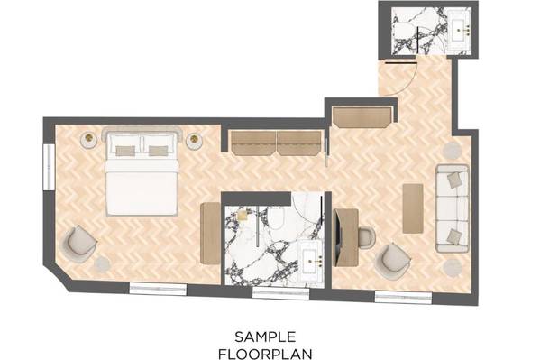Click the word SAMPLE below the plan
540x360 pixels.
pos(265,337)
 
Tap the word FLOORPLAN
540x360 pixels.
pos(265,354)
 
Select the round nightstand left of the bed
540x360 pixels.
pos(89,140)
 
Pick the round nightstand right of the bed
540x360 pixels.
pos(195,141)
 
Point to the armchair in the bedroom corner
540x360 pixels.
pos(78,244)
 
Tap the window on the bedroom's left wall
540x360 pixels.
pos(49,167)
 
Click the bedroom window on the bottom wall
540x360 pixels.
pos(158,289)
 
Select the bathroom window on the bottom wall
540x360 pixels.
pos(281,293)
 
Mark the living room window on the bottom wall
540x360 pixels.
pos(403,297)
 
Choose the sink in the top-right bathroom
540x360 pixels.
pos(461,31)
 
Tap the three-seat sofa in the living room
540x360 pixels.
pos(453,208)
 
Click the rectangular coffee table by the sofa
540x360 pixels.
pos(413,208)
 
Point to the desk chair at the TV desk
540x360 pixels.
pos(367,237)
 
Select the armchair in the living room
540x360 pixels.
pos(392,261)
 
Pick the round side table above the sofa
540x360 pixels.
pos(452,151)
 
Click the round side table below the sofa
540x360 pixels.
pos(453,268)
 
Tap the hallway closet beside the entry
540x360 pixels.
pos(363,117)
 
